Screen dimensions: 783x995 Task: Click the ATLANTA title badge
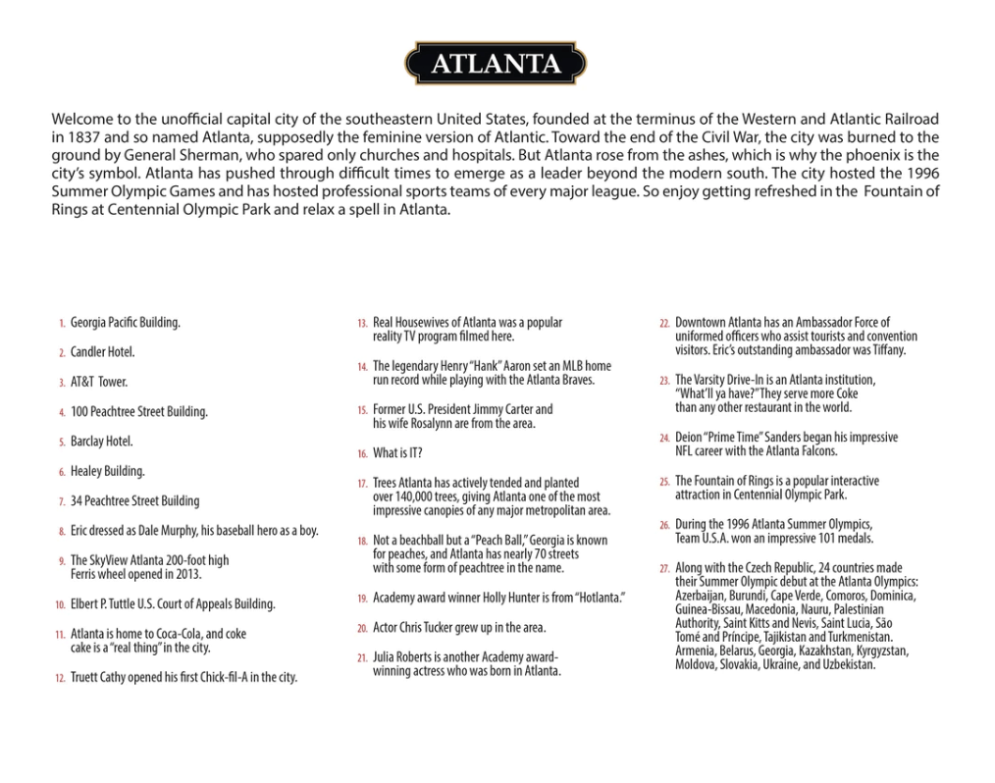pyautogui.click(x=497, y=64)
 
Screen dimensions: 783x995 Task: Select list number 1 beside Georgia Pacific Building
pyautogui.click(x=61, y=323)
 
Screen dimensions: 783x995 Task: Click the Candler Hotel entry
pyautogui.click(x=102, y=352)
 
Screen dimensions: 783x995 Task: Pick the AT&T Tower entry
pyautogui.click(x=98, y=382)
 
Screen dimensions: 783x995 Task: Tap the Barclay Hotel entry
pyautogui.click(x=101, y=442)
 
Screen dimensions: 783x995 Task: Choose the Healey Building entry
pyautogui.click(x=107, y=471)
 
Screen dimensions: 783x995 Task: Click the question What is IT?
pyautogui.click(x=397, y=453)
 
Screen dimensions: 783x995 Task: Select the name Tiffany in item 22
pyautogui.click(x=885, y=350)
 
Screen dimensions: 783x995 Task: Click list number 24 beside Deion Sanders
pyautogui.click(x=664, y=439)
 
